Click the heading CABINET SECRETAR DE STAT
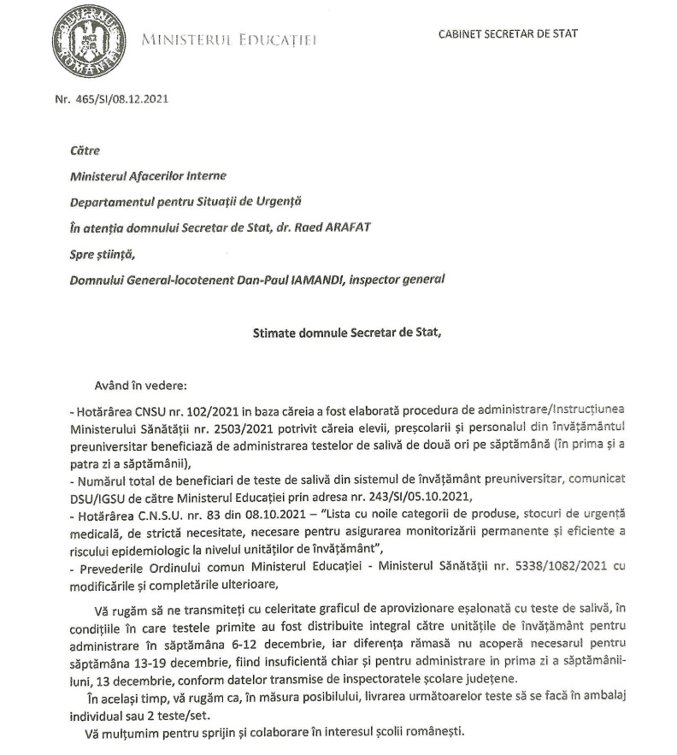[508, 34]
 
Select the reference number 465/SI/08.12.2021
[121, 98]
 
